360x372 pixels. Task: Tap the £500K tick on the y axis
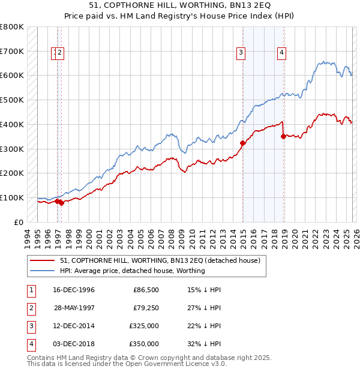click(12, 100)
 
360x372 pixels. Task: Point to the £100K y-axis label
click(12, 197)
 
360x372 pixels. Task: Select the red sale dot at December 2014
click(242, 143)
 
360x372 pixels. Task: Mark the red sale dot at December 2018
click(283, 136)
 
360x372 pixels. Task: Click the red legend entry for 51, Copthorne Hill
click(160, 260)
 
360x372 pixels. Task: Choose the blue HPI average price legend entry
click(132, 271)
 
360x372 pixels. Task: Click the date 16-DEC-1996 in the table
click(74, 290)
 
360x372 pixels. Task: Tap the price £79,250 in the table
click(146, 308)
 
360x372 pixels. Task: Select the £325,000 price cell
click(144, 326)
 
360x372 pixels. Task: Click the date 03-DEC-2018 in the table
click(74, 344)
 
